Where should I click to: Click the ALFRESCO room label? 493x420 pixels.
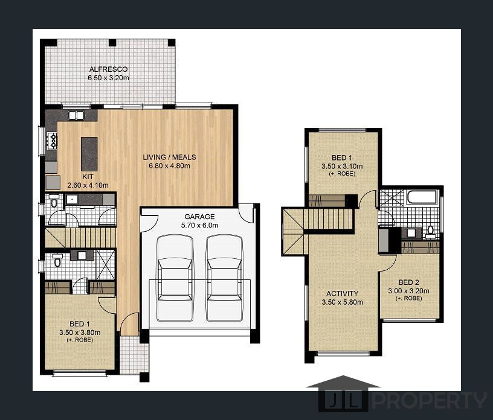[108, 69]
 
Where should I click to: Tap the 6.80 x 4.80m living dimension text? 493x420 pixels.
[169, 166]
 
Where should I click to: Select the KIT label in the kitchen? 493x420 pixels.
[88, 177]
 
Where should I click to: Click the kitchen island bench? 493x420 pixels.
[89, 154]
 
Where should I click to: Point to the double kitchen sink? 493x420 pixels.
[76, 116]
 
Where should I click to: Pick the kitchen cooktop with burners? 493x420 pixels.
[52, 140]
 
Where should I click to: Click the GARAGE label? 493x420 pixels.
[199, 217]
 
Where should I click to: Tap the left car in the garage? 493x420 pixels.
[175, 278]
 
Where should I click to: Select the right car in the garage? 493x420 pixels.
[225, 278]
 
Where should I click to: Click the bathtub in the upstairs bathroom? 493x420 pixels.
[422, 197]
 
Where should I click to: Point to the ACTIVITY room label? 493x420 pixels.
[342, 293]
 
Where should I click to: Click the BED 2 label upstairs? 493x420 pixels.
[408, 282]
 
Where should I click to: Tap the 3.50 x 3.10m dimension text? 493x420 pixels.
[342, 166]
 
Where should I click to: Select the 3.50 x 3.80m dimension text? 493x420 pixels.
[80, 332]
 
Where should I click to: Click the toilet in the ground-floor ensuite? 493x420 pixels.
[57, 260]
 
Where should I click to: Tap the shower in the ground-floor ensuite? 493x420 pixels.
[105, 264]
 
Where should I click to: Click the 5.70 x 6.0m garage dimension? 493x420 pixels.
[199, 225]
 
